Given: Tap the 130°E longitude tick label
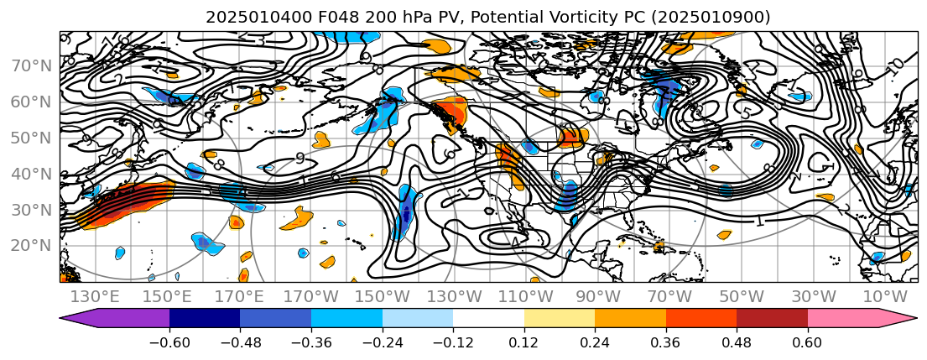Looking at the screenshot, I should (x=95, y=296).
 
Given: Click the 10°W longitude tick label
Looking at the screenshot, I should (x=885, y=296).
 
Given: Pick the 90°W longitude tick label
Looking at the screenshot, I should (x=598, y=296).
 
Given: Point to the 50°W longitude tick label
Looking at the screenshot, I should (x=742, y=296).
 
